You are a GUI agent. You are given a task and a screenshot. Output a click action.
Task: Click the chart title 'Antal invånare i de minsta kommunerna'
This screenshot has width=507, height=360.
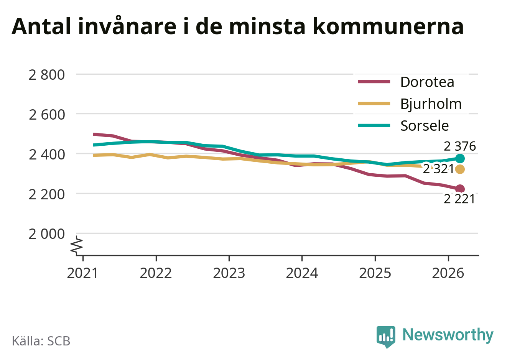[x=237, y=26]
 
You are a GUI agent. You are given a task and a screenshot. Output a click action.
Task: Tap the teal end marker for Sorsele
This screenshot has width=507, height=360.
[x=460, y=159]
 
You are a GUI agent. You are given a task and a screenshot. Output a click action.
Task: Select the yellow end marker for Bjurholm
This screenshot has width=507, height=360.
[x=460, y=169]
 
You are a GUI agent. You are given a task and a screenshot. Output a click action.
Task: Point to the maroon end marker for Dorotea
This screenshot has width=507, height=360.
[x=460, y=189]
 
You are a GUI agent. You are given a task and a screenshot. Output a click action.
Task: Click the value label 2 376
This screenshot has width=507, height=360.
[x=460, y=146]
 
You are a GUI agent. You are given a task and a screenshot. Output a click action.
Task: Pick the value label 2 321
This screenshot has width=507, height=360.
[x=438, y=169]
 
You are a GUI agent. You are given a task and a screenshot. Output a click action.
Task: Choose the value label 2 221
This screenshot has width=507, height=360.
[x=459, y=199]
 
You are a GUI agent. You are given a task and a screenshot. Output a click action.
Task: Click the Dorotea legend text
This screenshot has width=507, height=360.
[x=427, y=82]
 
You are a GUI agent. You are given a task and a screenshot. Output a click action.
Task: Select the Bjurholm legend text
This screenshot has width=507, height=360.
[x=431, y=104]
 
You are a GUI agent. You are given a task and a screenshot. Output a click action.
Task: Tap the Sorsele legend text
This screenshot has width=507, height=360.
[x=425, y=126]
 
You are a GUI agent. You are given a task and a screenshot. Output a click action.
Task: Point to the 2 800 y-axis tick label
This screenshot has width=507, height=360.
[x=47, y=75]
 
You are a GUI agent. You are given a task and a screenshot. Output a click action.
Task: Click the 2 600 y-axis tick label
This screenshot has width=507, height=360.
[x=47, y=115]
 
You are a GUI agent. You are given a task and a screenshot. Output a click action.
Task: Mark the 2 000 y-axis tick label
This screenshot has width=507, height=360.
[x=47, y=234]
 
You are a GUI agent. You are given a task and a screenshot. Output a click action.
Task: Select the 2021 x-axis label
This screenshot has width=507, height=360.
[x=82, y=273]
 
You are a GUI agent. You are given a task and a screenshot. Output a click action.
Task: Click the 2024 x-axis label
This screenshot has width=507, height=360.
[x=302, y=273]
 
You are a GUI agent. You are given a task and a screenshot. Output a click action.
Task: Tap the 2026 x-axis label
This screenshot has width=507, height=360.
[x=448, y=273]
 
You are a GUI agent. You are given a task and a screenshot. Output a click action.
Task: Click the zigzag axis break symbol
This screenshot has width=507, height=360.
[x=76, y=245]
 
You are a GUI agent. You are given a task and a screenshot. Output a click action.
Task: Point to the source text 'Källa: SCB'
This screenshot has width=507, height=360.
[x=41, y=341]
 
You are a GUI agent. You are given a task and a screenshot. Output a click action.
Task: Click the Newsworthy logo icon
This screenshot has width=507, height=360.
[x=386, y=337]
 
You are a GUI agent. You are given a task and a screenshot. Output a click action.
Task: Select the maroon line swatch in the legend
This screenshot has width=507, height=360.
[x=374, y=82]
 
